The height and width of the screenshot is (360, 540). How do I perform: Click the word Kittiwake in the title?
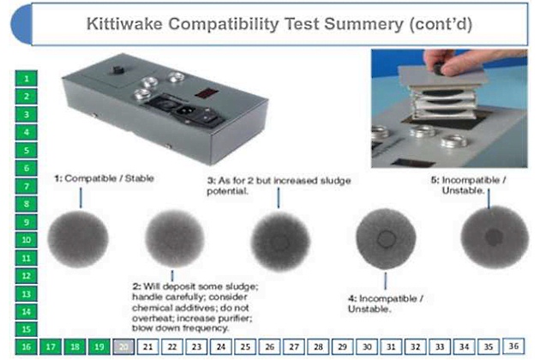point(124,24)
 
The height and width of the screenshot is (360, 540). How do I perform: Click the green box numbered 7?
point(27,186)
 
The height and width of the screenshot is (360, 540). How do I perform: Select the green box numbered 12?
point(27,276)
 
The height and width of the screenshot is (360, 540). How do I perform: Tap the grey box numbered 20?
point(123,346)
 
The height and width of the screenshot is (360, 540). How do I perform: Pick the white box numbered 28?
point(318,346)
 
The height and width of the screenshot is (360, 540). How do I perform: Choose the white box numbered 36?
point(513,346)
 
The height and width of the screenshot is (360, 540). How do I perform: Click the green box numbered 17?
point(51,346)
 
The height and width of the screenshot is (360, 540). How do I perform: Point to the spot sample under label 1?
point(78,239)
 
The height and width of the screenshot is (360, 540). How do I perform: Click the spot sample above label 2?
point(175,238)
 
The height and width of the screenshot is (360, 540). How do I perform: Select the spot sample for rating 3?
point(280,240)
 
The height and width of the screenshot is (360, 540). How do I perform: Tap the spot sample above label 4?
point(386,238)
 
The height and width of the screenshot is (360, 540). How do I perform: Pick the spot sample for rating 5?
point(495,237)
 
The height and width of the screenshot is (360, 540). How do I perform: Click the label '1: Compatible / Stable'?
point(104,178)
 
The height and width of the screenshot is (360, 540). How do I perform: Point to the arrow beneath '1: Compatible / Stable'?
point(81,198)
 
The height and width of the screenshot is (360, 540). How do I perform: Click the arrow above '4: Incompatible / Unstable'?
point(386,281)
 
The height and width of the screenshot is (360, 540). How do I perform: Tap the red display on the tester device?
point(206,93)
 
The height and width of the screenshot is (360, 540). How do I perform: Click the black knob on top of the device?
point(118,70)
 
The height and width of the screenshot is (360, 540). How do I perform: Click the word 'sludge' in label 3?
point(335,181)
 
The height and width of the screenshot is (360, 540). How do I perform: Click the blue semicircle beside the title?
point(22,25)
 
